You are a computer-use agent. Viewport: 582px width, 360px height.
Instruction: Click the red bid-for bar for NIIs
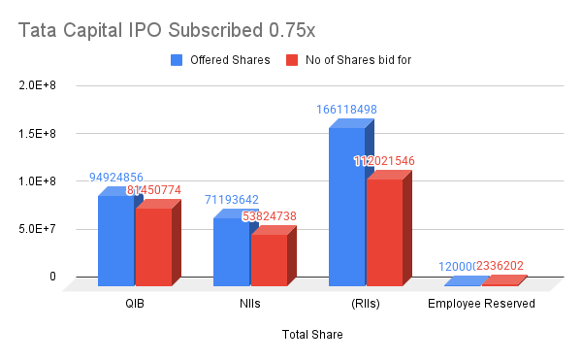269,260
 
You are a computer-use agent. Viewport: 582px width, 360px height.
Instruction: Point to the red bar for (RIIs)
384,233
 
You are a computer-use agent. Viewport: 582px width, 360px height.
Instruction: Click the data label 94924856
116,178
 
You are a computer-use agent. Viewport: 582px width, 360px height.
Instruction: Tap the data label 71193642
232,200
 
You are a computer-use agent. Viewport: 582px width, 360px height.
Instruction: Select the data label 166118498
346,110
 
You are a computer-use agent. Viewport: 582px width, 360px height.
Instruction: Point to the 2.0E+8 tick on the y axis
37,85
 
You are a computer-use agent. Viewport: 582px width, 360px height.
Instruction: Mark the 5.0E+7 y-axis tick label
37,229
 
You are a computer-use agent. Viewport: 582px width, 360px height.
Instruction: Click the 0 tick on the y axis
52,277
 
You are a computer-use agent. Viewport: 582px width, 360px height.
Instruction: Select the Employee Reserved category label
481,304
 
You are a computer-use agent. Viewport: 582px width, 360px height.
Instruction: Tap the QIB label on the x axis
135,304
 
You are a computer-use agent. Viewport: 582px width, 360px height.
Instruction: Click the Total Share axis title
312,335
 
